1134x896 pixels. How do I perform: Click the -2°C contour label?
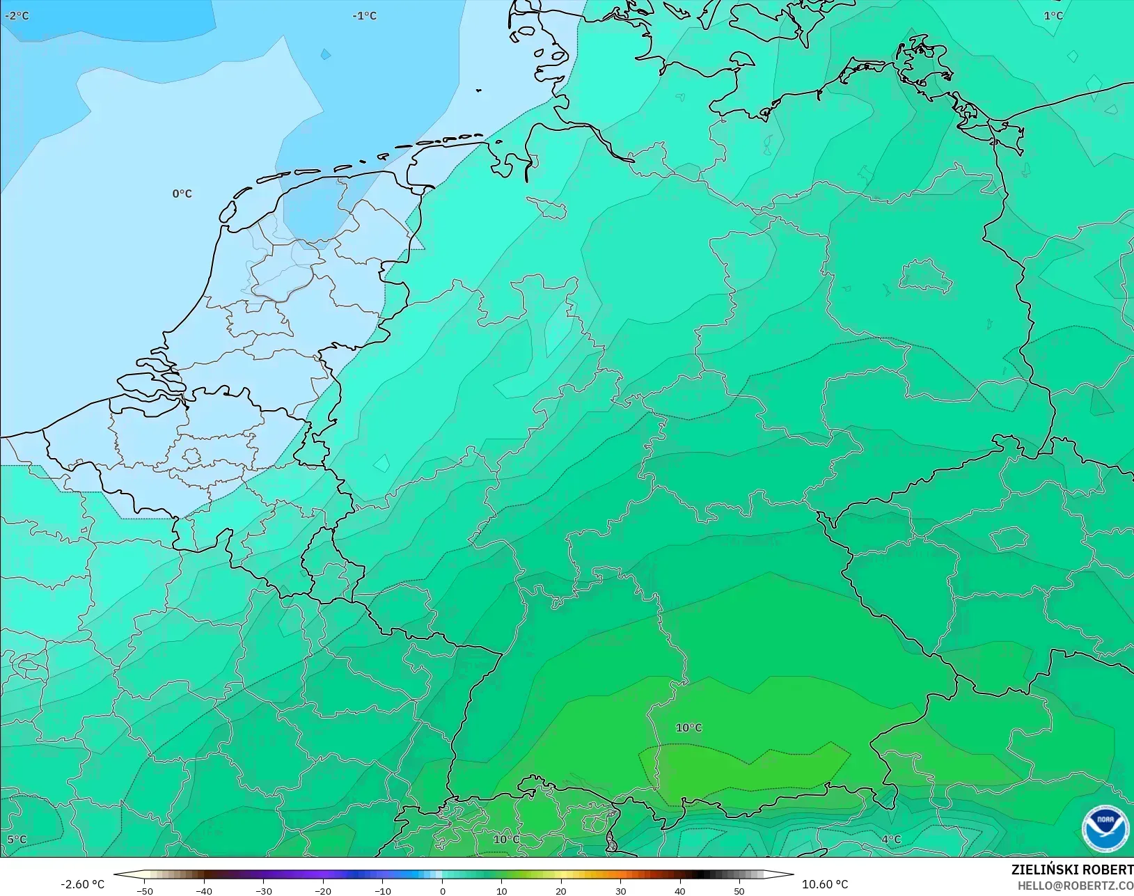point(17,15)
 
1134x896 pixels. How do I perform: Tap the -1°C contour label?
point(364,15)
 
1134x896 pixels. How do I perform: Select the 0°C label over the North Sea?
point(182,194)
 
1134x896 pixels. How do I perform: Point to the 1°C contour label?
point(1053,15)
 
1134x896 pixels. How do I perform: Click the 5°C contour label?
point(17,840)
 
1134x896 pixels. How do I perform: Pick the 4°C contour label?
point(891,840)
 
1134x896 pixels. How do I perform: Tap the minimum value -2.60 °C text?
point(82,884)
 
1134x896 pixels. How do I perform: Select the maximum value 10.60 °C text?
point(825,884)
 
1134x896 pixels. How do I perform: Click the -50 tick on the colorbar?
point(145,890)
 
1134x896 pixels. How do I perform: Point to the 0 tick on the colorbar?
point(442,890)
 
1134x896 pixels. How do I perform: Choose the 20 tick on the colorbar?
point(561,890)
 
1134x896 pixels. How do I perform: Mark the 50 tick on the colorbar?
point(739,890)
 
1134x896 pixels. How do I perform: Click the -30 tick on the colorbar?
point(264,890)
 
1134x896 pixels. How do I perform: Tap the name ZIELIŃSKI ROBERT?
point(1072,870)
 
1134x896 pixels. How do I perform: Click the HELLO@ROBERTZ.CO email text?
point(1076,886)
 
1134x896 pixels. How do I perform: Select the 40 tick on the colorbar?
point(680,890)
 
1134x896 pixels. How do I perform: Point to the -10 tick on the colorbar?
point(382,890)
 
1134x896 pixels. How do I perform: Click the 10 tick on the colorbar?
point(501,890)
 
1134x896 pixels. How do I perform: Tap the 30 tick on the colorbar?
point(620,890)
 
